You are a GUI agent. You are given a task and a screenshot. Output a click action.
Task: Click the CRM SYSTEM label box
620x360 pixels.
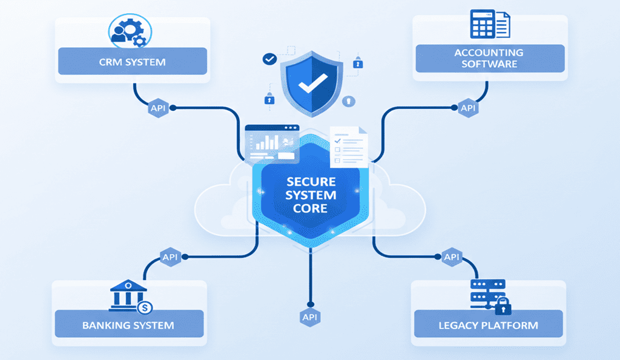pyautogui.click(x=132, y=62)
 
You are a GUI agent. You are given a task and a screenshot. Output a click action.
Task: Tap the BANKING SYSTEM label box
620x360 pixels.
pyautogui.click(x=128, y=325)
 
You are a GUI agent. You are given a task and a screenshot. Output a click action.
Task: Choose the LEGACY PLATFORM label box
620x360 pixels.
pyautogui.click(x=488, y=325)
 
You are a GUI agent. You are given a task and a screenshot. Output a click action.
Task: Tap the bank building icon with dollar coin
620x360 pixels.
pyautogui.click(x=130, y=296)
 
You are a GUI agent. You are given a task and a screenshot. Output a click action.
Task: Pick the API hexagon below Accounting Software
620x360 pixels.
pyautogui.click(x=468, y=108)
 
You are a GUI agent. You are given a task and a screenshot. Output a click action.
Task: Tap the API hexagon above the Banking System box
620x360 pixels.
pyautogui.click(x=170, y=257)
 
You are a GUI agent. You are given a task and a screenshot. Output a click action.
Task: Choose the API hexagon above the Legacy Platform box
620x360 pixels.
pyautogui.click(x=451, y=257)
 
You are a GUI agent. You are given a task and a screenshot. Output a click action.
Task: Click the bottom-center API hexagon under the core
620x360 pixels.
pyautogui.click(x=310, y=317)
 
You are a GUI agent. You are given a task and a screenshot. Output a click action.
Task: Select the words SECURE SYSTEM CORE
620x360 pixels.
pyautogui.click(x=311, y=195)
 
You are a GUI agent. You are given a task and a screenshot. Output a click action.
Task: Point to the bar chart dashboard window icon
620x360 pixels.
pyautogui.click(x=272, y=143)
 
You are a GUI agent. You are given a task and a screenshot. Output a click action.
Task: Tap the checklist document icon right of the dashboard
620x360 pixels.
pyautogui.click(x=349, y=147)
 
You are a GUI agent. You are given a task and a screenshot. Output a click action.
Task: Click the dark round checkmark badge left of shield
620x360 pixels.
pyautogui.click(x=269, y=59)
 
